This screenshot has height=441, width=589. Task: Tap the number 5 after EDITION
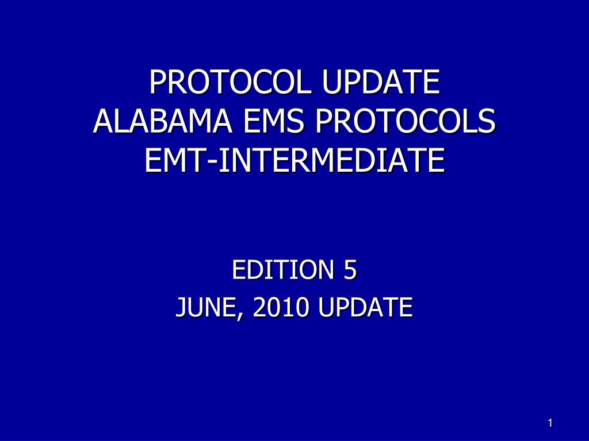click(x=350, y=270)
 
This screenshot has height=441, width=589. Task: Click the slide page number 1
click(x=550, y=423)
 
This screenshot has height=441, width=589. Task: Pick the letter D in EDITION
click(x=251, y=270)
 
